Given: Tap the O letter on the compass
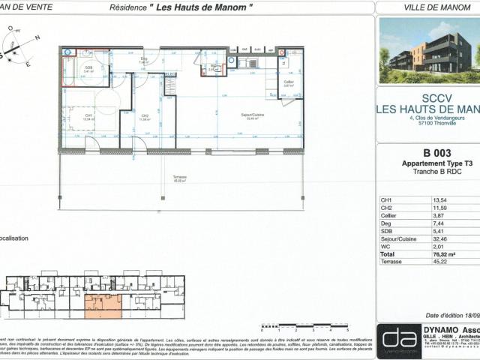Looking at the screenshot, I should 10,28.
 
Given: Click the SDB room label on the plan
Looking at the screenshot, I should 88,67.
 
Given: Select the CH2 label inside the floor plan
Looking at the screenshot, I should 143,116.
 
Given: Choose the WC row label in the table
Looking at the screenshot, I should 386,247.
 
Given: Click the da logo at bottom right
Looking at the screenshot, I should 398,341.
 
